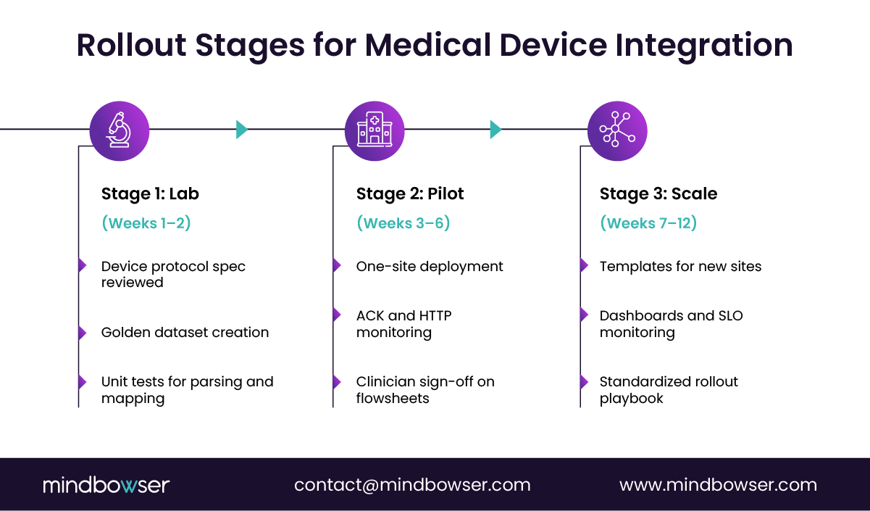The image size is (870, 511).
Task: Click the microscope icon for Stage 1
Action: pos(120,130)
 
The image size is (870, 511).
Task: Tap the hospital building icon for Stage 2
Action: pos(375,130)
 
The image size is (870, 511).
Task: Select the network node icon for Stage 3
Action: pos(616,130)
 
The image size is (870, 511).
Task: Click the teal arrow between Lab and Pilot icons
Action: pos(241,130)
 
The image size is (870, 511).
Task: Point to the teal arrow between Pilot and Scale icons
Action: pos(495,130)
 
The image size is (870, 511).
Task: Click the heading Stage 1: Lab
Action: pos(150,194)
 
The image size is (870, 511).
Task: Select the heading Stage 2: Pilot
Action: pos(410,194)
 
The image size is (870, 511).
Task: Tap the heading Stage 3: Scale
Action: pos(658,194)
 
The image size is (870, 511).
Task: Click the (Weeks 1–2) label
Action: pos(146,223)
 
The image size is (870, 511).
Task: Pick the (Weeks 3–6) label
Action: pos(403,223)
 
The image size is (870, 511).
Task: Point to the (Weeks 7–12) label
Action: pos(648,223)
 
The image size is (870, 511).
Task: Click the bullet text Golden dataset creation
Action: pos(185,333)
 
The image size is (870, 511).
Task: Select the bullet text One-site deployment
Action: pos(430,267)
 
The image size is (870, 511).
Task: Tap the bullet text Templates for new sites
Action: pos(680,267)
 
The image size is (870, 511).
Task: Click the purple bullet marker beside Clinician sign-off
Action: pos(337,382)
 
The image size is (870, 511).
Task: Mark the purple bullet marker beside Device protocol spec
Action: pos(82,266)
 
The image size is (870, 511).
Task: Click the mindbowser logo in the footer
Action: pos(106,485)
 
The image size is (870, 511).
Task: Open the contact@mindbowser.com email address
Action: pos(412,485)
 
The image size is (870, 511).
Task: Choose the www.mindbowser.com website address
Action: pos(718,485)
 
